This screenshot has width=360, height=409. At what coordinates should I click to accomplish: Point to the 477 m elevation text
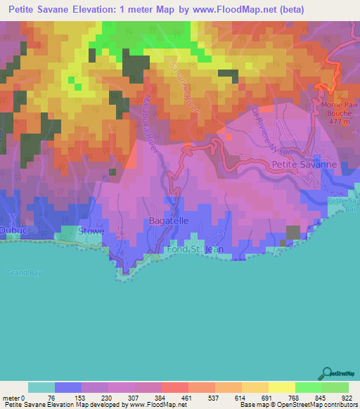[340, 121]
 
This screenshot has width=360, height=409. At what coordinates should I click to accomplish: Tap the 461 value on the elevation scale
[183, 397]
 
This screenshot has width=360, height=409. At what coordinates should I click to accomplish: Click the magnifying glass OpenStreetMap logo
[326, 372]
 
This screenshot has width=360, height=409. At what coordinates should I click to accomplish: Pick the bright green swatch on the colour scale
[308, 387]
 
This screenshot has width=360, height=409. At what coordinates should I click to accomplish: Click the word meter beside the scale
[11, 397]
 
